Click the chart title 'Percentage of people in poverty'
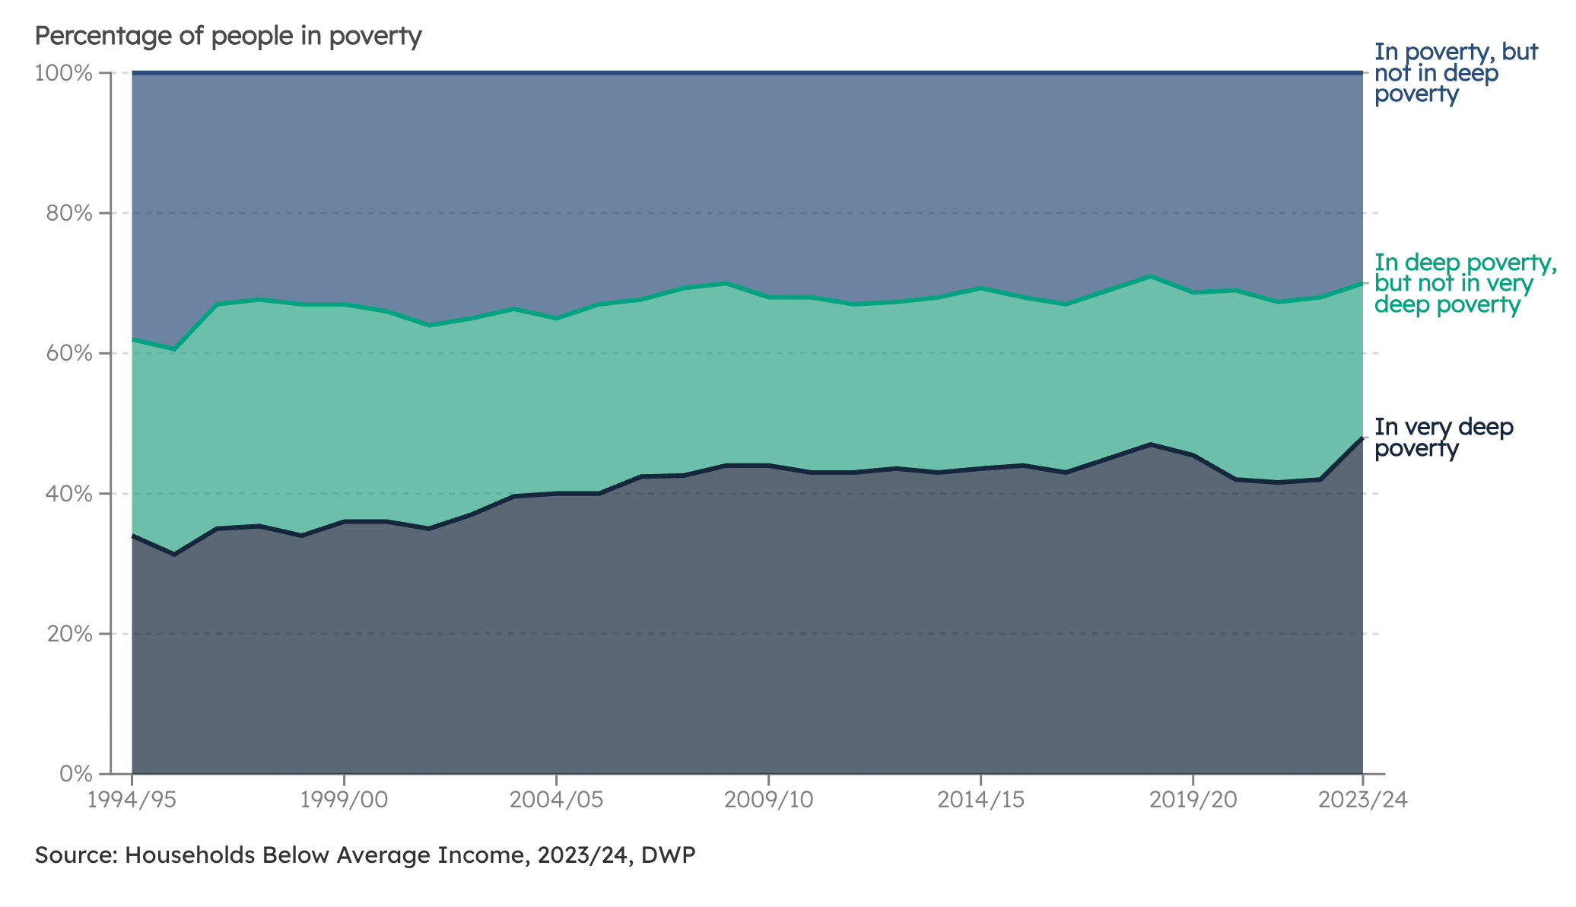click(x=228, y=36)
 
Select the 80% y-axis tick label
click(x=69, y=213)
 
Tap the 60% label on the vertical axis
click(x=69, y=353)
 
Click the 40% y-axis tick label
click(x=69, y=494)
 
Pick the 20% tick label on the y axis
click(x=69, y=634)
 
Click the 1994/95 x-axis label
click(x=132, y=800)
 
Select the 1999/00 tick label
click(x=344, y=800)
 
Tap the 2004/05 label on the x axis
click(x=556, y=800)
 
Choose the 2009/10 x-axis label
click(x=768, y=800)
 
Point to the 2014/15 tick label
click(x=980, y=800)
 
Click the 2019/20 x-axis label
click(x=1193, y=800)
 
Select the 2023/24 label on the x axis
click(x=1362, y=800)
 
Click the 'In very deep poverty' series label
click(x=1443, y=438)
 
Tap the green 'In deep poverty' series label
click(x=1464, y=284)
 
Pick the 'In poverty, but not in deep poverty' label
click(x=1455, y=73)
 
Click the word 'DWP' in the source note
click(x=668, y=855)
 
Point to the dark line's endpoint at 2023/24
click(x=1362, y=438)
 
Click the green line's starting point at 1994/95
click(x=133, y=339)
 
